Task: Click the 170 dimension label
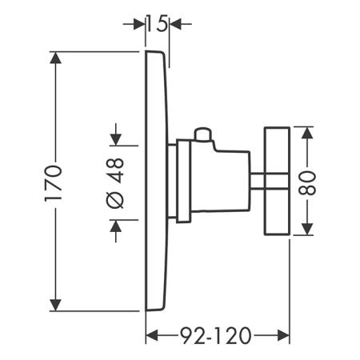(53, 183)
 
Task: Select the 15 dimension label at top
(158, 24)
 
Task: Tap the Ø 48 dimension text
(115, 183)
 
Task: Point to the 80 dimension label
(307, 183)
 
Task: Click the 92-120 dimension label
(216, 335)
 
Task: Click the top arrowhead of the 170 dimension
(55, 58)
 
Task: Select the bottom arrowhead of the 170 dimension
(55, 305)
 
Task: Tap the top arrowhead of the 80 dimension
(307, 133)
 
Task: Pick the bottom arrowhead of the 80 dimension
(307, 230)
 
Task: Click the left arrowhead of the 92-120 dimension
(152, 335)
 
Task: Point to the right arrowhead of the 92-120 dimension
(283, 335)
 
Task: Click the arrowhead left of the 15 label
(138, 24)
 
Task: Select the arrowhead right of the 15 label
(175, 24)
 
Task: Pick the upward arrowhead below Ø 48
(116, 226)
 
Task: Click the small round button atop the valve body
(203, 134)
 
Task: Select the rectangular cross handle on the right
(277, 181)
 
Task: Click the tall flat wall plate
(157, 181)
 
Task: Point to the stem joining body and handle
(257, 182)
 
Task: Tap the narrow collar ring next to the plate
(183, 181)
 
